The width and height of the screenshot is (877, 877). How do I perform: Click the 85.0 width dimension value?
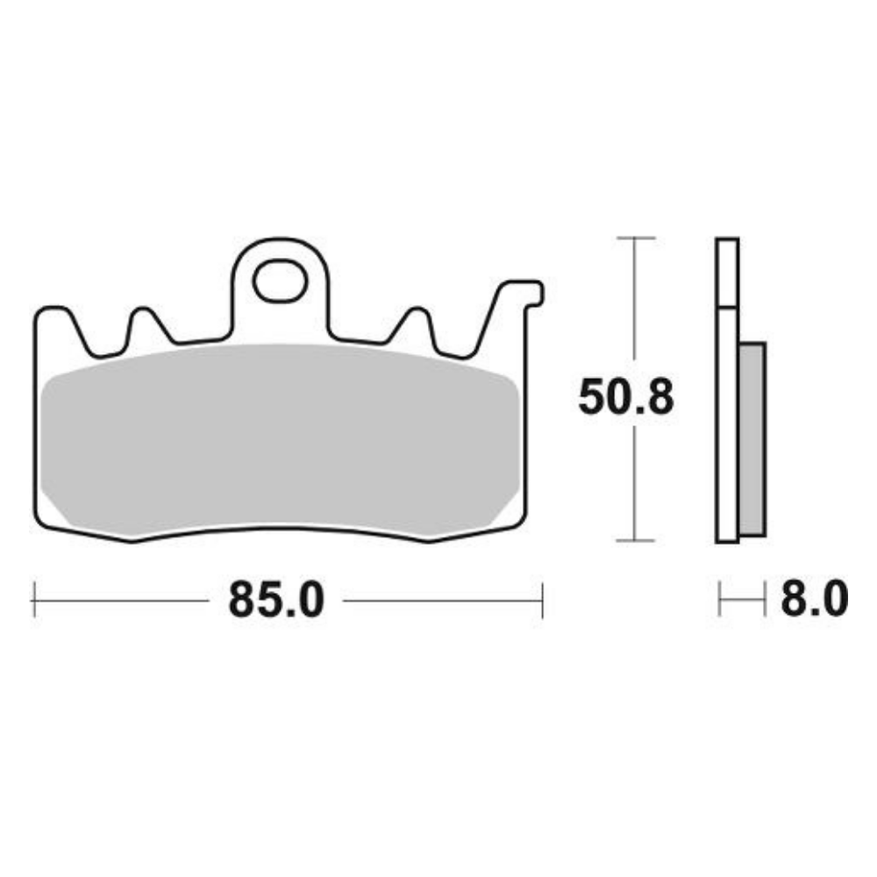pyautogui.click(x=276, y=601)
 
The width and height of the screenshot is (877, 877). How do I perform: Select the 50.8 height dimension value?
pyautogui.click(x=625, y=398)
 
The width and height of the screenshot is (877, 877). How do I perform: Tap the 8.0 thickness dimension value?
pyautogui.click(x=812, y=601)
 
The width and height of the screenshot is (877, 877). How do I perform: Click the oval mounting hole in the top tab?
pyautogui.click(x=279, y=282)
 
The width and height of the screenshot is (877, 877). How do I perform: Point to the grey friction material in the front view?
pyautogui.click(x=279, y=438)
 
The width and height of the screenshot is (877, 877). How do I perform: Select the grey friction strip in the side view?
pyautogui.click(x=752, y=438)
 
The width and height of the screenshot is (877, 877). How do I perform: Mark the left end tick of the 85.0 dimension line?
pyautogui.click(x=33, y=601)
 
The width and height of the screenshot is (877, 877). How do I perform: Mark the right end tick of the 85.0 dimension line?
pyautogui.click(x=543, y=601)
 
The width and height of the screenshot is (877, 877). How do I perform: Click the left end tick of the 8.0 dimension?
pyautogui.click(x=719, y=601)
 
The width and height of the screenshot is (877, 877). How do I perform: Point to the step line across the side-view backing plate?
pyautogui.click(x=727, y=308)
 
